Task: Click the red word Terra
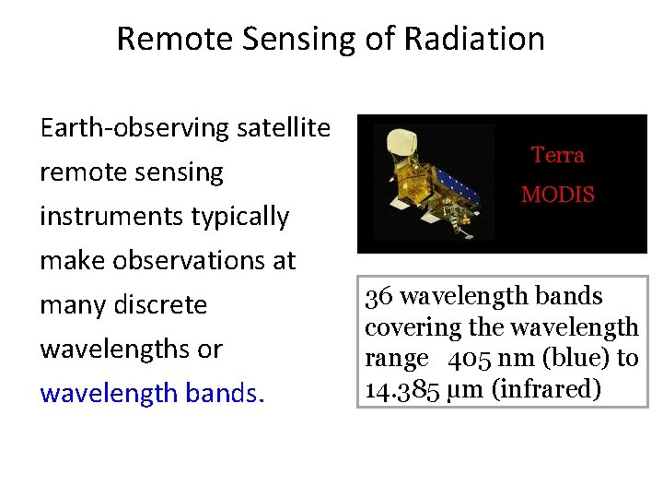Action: pyautogui.click(x=557, y=155)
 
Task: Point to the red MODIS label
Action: pyautogui.click(x=558, y=196)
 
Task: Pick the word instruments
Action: pyautogui.click(x=111, y=217)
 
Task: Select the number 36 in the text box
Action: pyautogui.click(x=379, y=297)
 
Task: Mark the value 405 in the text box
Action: pyautogui.click(x=469, y=359)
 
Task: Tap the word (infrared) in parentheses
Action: pyautogui.click(x=547, y=389)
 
